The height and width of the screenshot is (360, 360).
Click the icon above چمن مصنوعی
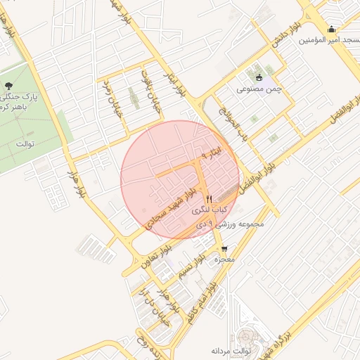(259, 77)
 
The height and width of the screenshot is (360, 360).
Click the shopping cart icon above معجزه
(224, 248)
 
